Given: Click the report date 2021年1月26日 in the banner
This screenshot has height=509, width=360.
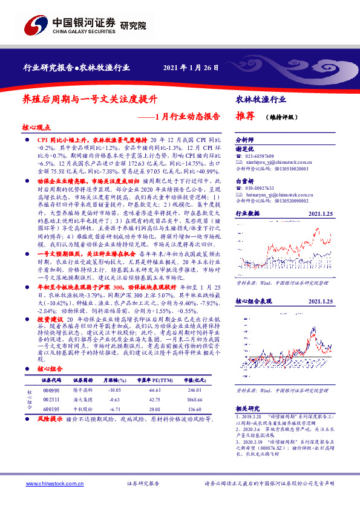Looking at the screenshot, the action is click(x=191, y=67).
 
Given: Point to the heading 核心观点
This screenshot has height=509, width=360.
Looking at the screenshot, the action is click(x=36, y=128).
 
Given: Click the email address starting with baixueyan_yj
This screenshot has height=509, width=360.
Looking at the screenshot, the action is click(x=276, y=195).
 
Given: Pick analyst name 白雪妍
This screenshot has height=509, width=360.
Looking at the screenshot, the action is click(x=245, y=181).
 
